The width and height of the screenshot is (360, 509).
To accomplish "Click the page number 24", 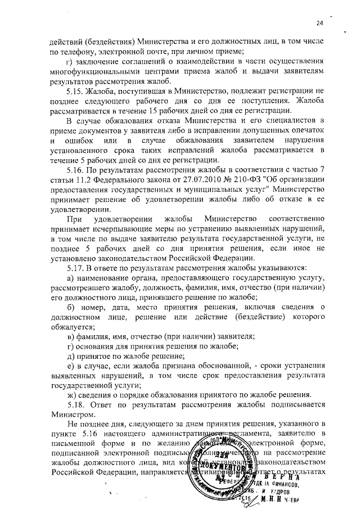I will [x=319, y=22].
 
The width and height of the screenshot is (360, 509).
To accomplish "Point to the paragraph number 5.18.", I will [x=76, y=403].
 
